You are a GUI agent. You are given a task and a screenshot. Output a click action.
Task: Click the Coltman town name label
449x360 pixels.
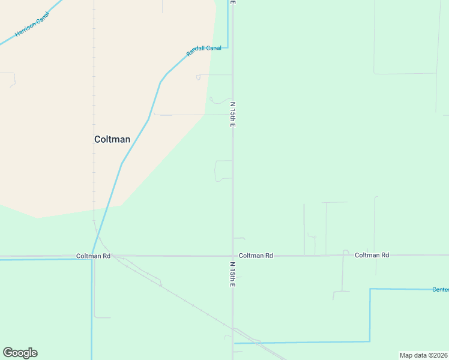112,139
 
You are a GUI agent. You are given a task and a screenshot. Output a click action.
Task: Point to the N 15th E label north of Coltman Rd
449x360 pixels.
232,114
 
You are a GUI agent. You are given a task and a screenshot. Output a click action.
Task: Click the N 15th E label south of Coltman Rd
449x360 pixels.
232,273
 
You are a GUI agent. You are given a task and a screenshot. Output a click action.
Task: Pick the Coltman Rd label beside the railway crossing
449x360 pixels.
93,256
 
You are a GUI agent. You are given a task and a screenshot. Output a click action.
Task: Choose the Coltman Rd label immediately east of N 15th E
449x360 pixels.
256,256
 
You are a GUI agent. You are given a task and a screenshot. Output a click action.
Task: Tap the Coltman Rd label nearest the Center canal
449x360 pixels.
372,255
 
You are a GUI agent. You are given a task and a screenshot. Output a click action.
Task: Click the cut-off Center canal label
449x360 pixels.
440,289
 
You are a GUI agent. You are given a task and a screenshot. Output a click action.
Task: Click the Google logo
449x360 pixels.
20,353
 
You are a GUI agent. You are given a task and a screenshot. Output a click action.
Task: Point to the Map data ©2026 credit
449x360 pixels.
424,355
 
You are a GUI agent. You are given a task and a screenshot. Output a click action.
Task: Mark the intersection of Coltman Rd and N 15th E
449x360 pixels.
233,256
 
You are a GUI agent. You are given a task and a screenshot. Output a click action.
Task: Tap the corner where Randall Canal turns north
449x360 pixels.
228,47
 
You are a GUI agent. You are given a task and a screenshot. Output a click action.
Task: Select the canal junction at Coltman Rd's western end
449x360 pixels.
92,258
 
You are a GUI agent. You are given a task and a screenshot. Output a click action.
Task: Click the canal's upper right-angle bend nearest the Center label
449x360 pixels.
370,289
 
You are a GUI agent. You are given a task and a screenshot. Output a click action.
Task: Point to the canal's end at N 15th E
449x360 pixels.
234,343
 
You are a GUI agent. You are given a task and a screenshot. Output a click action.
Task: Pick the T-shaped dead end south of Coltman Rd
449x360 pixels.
341,292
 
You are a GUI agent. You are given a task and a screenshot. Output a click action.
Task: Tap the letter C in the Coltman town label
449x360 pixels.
98,139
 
